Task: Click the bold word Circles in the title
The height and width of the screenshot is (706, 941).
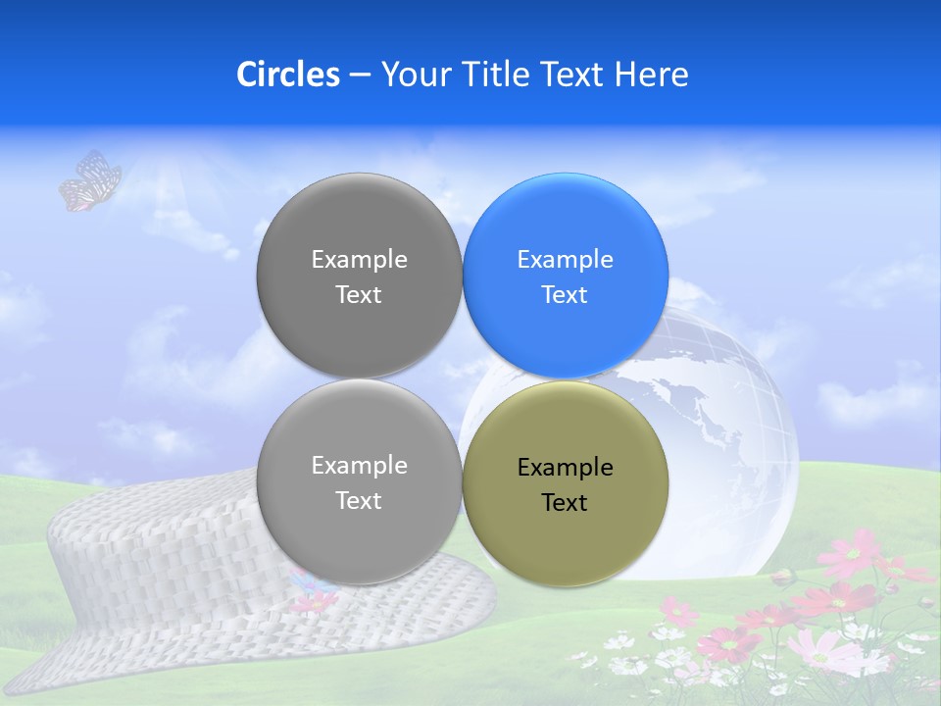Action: [288, 74]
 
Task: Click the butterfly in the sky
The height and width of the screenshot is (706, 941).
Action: [90, 181]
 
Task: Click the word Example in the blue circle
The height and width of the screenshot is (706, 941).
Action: [565, 259]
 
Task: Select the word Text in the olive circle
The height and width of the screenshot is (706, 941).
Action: [565, 502]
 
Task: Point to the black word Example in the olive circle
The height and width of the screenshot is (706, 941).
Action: [565, 468]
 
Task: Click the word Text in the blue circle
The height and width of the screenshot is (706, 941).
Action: [565, 294]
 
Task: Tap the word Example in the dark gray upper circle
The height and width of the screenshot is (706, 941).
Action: [359, 259]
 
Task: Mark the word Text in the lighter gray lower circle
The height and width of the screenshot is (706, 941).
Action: [359, 500]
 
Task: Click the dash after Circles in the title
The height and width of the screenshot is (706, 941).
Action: [360, 74]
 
